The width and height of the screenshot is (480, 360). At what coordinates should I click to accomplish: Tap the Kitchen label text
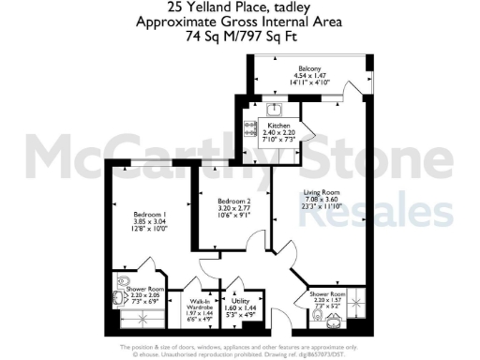pyautogui.click(x=279, y=126)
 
